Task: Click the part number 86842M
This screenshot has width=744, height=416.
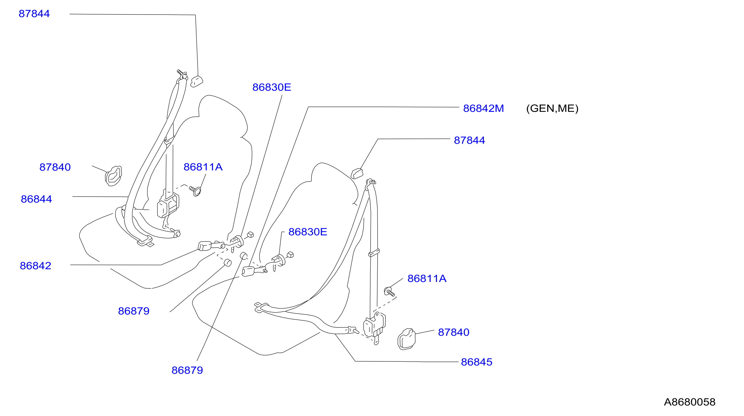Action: pyautogui.click(x=483, y=108)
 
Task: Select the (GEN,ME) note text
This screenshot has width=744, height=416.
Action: pyautogui.click(x=552, y=108)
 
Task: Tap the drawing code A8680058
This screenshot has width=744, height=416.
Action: pyautogui.click(x=689, y=402)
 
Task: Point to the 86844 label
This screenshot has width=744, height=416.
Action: pyautogui.click(x=36, y=199)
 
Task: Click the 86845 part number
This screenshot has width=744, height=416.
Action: pyautogui.click(x=477, y=362)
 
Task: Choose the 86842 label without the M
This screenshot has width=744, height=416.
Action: pyautogui.click(x=36, y=266)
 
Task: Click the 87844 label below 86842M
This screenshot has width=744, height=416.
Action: pyautogui.click(x=469, y=140)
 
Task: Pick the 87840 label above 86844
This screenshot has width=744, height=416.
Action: pyautogui.click(x=55, y=167)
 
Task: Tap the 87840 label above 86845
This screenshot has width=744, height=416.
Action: pyautogui.click(x=454, y=332)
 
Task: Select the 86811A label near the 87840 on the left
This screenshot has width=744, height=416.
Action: pyautogui.click(x=203, y=167)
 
